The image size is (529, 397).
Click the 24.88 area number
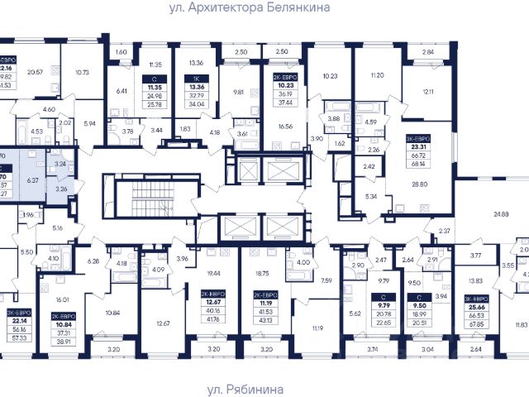pos(501,214)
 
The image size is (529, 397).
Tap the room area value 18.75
pos(264,272)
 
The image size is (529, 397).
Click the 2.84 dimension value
pos(427,53)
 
